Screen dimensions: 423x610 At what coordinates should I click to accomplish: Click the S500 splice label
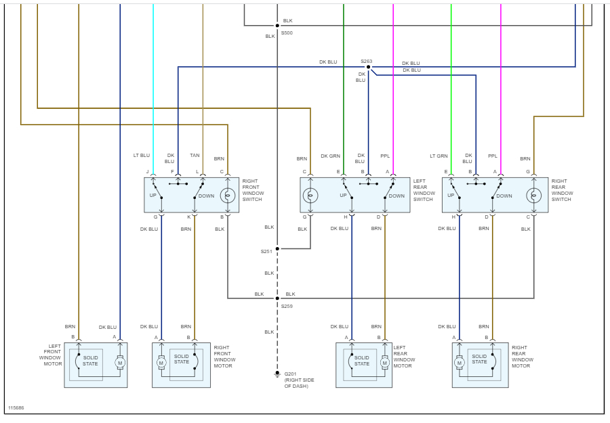287,32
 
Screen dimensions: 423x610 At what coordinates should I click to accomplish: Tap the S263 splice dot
368,67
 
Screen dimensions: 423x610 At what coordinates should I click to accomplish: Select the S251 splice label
266,251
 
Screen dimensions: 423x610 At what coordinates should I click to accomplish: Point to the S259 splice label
287,307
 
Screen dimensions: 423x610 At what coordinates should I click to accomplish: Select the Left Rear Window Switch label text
424,190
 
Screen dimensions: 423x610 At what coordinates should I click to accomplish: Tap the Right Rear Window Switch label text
562,190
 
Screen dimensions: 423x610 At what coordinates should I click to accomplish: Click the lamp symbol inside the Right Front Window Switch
228,196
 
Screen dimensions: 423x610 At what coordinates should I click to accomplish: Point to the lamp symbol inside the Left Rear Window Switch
310,196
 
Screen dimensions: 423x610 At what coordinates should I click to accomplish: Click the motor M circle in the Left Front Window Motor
120,363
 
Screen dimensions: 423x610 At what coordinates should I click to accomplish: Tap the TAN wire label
195,156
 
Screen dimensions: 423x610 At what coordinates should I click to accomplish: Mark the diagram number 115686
16,408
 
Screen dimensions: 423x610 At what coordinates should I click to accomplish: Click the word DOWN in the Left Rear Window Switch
396,196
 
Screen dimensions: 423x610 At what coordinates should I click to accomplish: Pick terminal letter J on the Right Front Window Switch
147,172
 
